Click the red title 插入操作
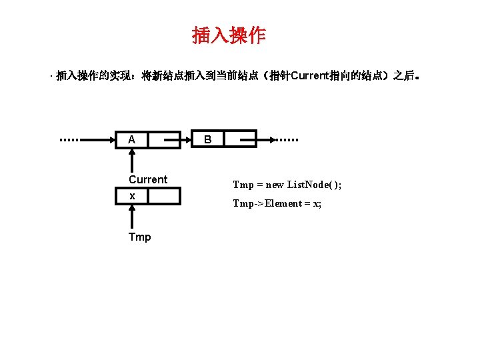229,35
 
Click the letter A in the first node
132,140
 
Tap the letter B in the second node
208,140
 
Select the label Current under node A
148,179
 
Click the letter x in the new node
132,196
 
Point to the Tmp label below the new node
140,237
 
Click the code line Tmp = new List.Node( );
287,185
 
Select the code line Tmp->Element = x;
277,203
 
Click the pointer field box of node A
164,140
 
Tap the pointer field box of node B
240,140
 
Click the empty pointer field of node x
164,196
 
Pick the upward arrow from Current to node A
132,160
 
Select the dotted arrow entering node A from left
100,140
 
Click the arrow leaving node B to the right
265,140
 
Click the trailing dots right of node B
289,140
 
